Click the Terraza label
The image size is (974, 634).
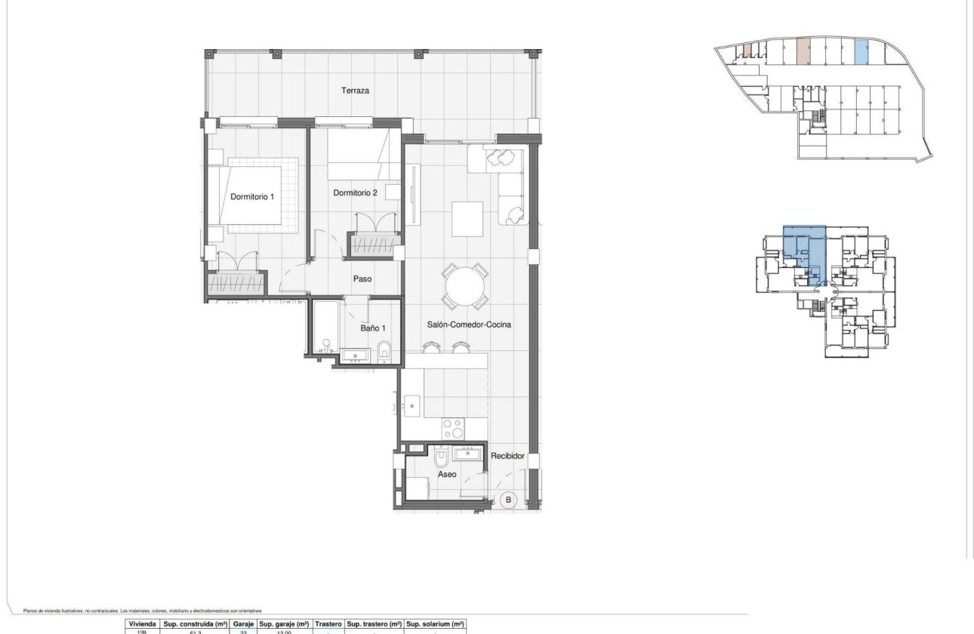pos(355,91)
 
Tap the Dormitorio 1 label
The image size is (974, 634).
pos(252,197)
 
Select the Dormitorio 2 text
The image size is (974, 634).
pos(355,193)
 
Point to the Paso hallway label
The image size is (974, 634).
pos(362,279)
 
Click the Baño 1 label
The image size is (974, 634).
pos(373,328)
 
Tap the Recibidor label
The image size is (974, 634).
pos(507,457)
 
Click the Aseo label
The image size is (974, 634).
pos(447,475)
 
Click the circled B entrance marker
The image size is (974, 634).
pos(508,500)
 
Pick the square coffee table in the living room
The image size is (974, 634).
pos(468,219)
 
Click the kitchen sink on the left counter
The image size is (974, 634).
pos(412,405)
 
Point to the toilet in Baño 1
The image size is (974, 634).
pos(384,350)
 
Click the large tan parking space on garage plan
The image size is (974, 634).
pos(803,51)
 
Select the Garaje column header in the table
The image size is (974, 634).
pos(243,625)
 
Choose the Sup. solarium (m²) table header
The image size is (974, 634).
pos(435,625)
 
